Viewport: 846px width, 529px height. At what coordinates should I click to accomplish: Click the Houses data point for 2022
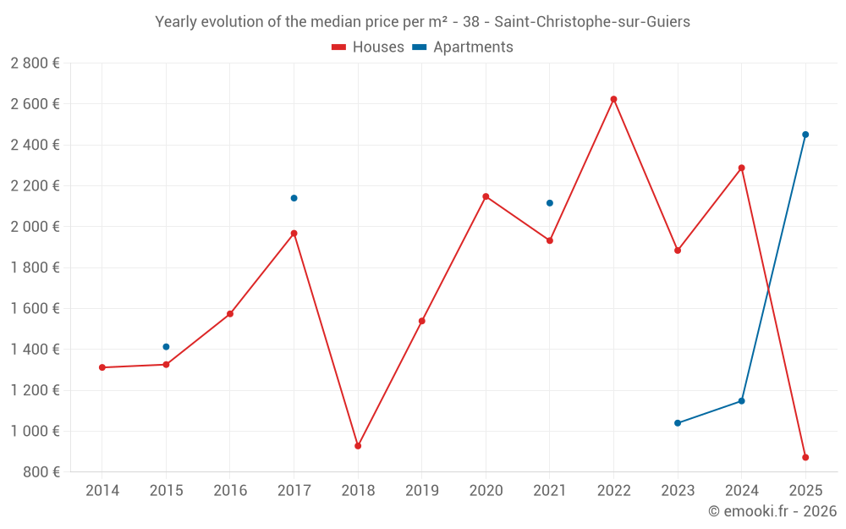(613, 99)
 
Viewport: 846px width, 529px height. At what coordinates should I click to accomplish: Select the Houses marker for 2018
(358, 446)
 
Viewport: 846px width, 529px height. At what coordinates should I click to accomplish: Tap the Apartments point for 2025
(805, 135)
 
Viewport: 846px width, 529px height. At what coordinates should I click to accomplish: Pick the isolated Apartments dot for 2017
(294, 198)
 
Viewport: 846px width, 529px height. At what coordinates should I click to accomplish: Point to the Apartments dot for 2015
(166, 347)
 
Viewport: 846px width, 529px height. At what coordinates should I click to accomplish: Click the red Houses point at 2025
(805, 458)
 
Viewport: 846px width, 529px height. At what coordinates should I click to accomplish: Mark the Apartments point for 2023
(678, 423)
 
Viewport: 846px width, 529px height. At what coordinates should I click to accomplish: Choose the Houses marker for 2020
(486, 196)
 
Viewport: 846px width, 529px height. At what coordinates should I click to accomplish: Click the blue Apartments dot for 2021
(550, 203)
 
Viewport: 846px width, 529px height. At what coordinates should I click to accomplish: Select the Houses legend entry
(368, 47)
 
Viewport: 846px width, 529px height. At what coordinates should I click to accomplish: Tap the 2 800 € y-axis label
(36, 63)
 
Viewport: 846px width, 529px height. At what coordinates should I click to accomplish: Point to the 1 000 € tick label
(36, 432)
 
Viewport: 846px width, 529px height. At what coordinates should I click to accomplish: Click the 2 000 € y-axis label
(36, 227)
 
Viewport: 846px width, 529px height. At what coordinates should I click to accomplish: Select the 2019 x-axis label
(421, 491)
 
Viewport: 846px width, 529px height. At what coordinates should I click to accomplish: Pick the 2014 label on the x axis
(102, 491)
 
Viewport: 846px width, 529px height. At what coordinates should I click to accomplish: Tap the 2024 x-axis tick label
(741, 491)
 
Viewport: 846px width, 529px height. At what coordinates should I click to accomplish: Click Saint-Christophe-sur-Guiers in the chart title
(592, 22)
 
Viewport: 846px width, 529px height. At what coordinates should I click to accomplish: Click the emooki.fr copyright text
(772, 511)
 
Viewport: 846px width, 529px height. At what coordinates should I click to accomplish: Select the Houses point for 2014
(102, 367)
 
